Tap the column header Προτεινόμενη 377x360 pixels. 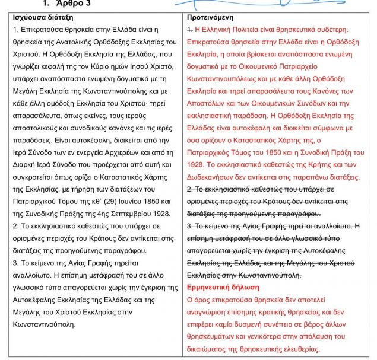point(216,18)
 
